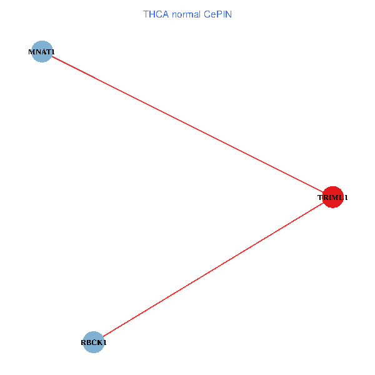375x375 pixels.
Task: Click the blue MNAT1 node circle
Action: tap(41, 56)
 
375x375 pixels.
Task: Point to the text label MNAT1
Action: tap(41, 51)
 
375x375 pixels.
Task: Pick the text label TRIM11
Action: tap(332, 198)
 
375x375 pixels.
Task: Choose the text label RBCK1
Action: tap(94, 342)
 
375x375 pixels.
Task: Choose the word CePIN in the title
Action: tap(217, 14)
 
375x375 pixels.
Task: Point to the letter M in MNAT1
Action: tap(31, 51)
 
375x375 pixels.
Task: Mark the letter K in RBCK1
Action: tap(100, 342)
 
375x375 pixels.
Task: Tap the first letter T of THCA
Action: tap(146, 14)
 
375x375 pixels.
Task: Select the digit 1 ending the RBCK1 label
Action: tap(105, 342)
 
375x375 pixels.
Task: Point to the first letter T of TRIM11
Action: tap(320, 198)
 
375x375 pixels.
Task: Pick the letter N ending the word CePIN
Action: tap(229, 14)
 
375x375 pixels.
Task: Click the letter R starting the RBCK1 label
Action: tap(83, 342)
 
